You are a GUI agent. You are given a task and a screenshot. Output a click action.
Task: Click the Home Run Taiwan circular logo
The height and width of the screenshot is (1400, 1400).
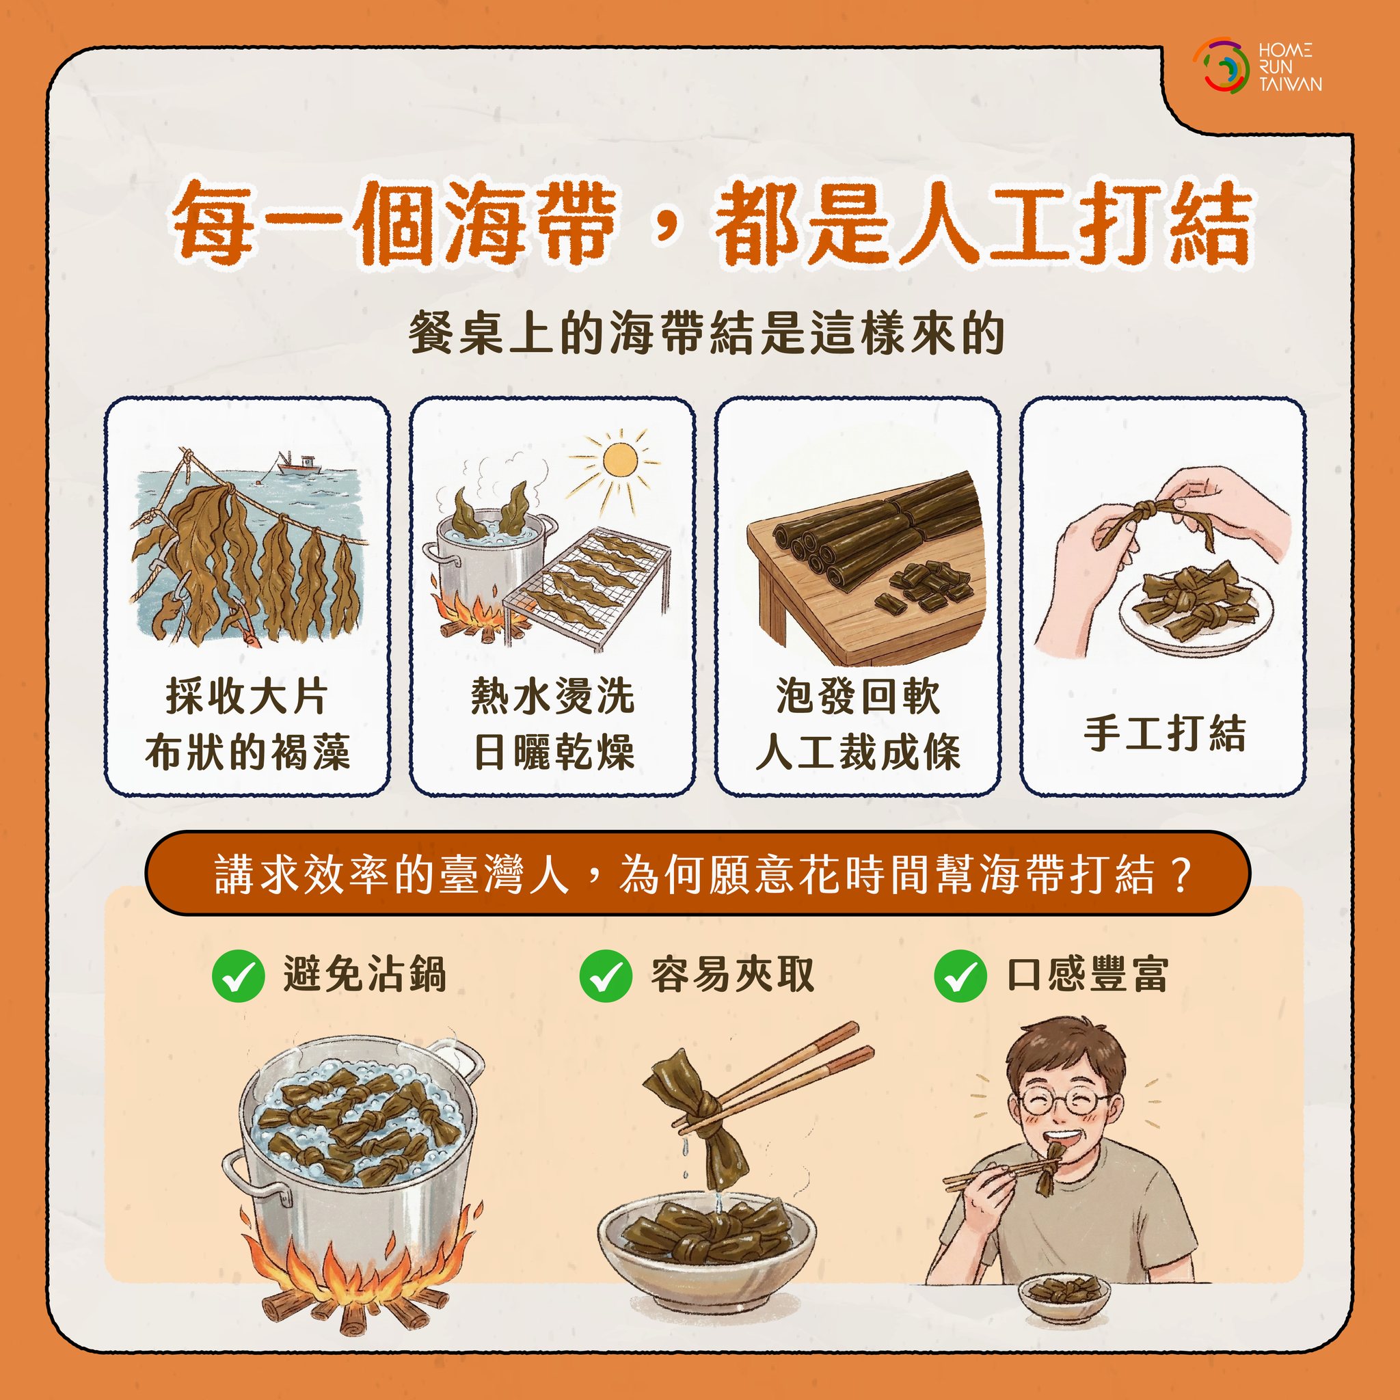pos(1222,64)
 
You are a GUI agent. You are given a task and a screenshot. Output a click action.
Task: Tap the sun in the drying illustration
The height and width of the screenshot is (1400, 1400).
pos(619,459)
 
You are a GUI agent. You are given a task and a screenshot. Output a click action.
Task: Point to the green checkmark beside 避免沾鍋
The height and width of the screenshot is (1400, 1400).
pos(238,976)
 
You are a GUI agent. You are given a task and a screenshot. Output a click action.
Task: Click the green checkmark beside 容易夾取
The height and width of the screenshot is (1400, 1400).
pos(606,976)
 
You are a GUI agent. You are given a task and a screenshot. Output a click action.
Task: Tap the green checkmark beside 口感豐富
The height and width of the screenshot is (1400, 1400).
pos(960,976)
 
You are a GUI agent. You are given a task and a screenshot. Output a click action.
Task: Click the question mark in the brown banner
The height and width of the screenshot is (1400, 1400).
pos(1180,874)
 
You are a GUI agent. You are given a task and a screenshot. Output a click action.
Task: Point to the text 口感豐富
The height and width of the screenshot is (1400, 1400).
pos(1088,975)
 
